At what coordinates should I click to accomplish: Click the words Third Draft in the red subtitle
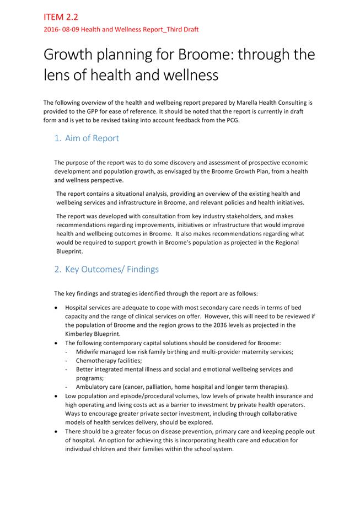(x=178, y=29)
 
